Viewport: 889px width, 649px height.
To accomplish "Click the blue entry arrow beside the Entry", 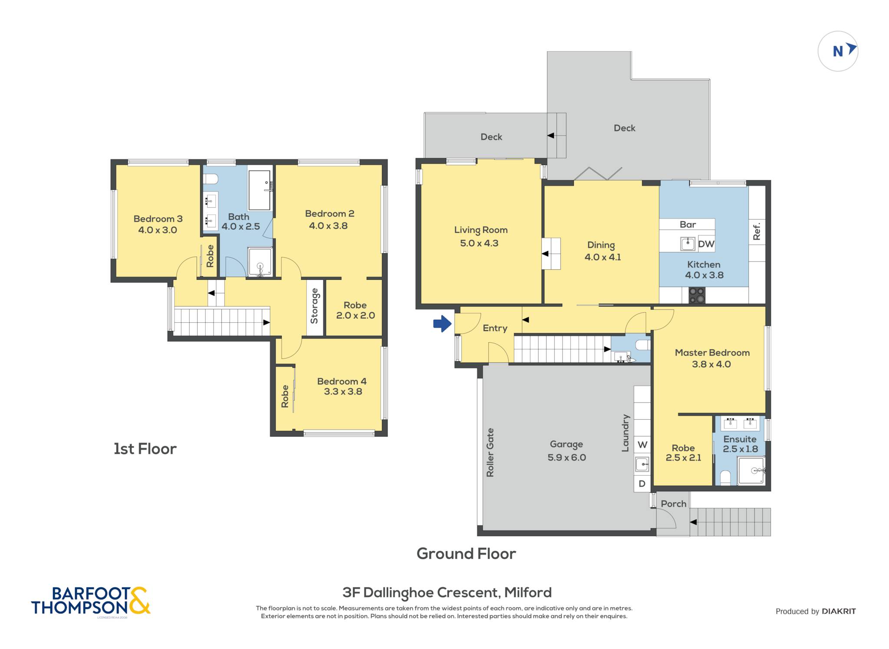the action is (x=442, y=324).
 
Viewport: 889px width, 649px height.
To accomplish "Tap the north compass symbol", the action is (x=838, y=51).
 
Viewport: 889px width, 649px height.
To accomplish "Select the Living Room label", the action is (x=481, y=230).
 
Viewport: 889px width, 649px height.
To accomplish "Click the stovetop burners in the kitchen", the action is (x=697, y=295).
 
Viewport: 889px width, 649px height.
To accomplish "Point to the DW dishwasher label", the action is (x=706, y=244).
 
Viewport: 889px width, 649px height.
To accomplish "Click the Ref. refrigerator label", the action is (x=757, y=232).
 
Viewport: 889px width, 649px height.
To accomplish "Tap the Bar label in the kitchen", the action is (x=688, y=224).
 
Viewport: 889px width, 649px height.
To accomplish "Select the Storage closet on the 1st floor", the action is (x=315, y=307).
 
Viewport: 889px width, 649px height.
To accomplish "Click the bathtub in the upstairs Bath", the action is (x=260, y=190).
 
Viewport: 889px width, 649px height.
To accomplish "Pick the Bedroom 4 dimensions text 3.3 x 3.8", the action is (x=343, y=391).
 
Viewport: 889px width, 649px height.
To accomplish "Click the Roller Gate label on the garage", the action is (x=490, y=452).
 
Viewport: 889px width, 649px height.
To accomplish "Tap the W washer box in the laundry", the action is (x=642, y=445).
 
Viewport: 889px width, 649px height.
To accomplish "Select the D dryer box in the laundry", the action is (x=642, y=484).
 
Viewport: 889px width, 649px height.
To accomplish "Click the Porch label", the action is (x=674, y=503).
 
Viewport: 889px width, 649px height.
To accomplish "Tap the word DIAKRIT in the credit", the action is (x=839, y=611).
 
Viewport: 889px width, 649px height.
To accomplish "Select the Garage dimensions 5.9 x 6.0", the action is (x=567, y=457).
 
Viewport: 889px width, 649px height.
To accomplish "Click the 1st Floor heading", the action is (x=145, y=449).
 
